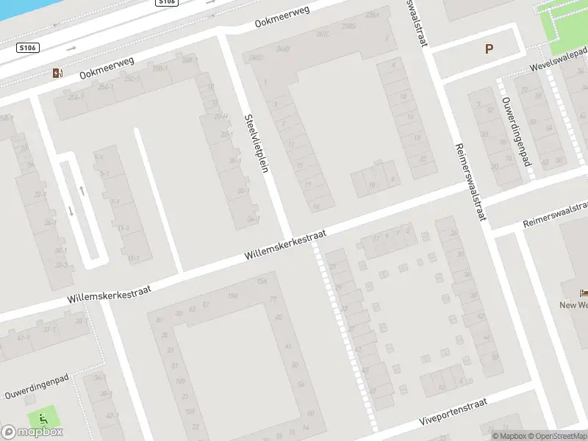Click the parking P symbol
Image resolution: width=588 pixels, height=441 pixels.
point(489,49)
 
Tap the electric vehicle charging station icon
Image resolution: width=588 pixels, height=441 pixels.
point(57,73)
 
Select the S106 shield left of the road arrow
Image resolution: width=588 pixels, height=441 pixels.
point(28,47)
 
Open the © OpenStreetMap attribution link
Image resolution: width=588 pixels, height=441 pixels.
point(557,436)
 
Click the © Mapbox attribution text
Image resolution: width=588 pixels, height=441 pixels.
point(509,436)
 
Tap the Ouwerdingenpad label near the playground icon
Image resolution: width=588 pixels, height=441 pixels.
point(36,387)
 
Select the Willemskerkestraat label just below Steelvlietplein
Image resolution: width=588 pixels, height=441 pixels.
point(285,245)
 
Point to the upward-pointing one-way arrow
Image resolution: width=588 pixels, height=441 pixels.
point(82,190)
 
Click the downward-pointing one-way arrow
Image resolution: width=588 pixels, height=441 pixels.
point(71,212)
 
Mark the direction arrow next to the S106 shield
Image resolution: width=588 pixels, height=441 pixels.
point(71,49)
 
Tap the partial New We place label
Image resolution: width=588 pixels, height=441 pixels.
point(573,305)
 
